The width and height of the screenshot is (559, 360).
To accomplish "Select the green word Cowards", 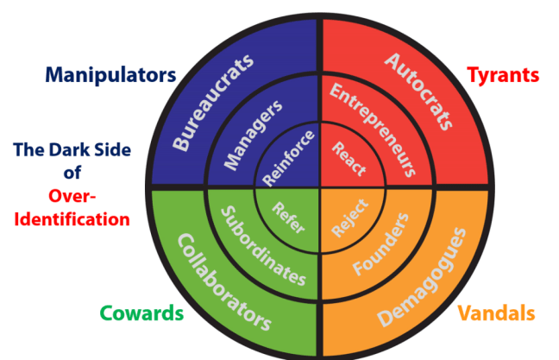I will [x=141, y=313].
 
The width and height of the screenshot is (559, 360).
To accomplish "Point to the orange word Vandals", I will [x=495, y=313].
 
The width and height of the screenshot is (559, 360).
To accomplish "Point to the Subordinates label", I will [x=262, y=245].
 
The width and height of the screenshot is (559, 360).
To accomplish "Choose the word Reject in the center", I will [x=349, y=217].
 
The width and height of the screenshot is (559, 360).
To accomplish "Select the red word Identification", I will [x=72, y=219].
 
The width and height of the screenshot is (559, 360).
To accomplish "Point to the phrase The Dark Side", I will [x=72, y=150].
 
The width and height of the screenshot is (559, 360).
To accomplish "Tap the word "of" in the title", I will [x=72, y=173].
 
